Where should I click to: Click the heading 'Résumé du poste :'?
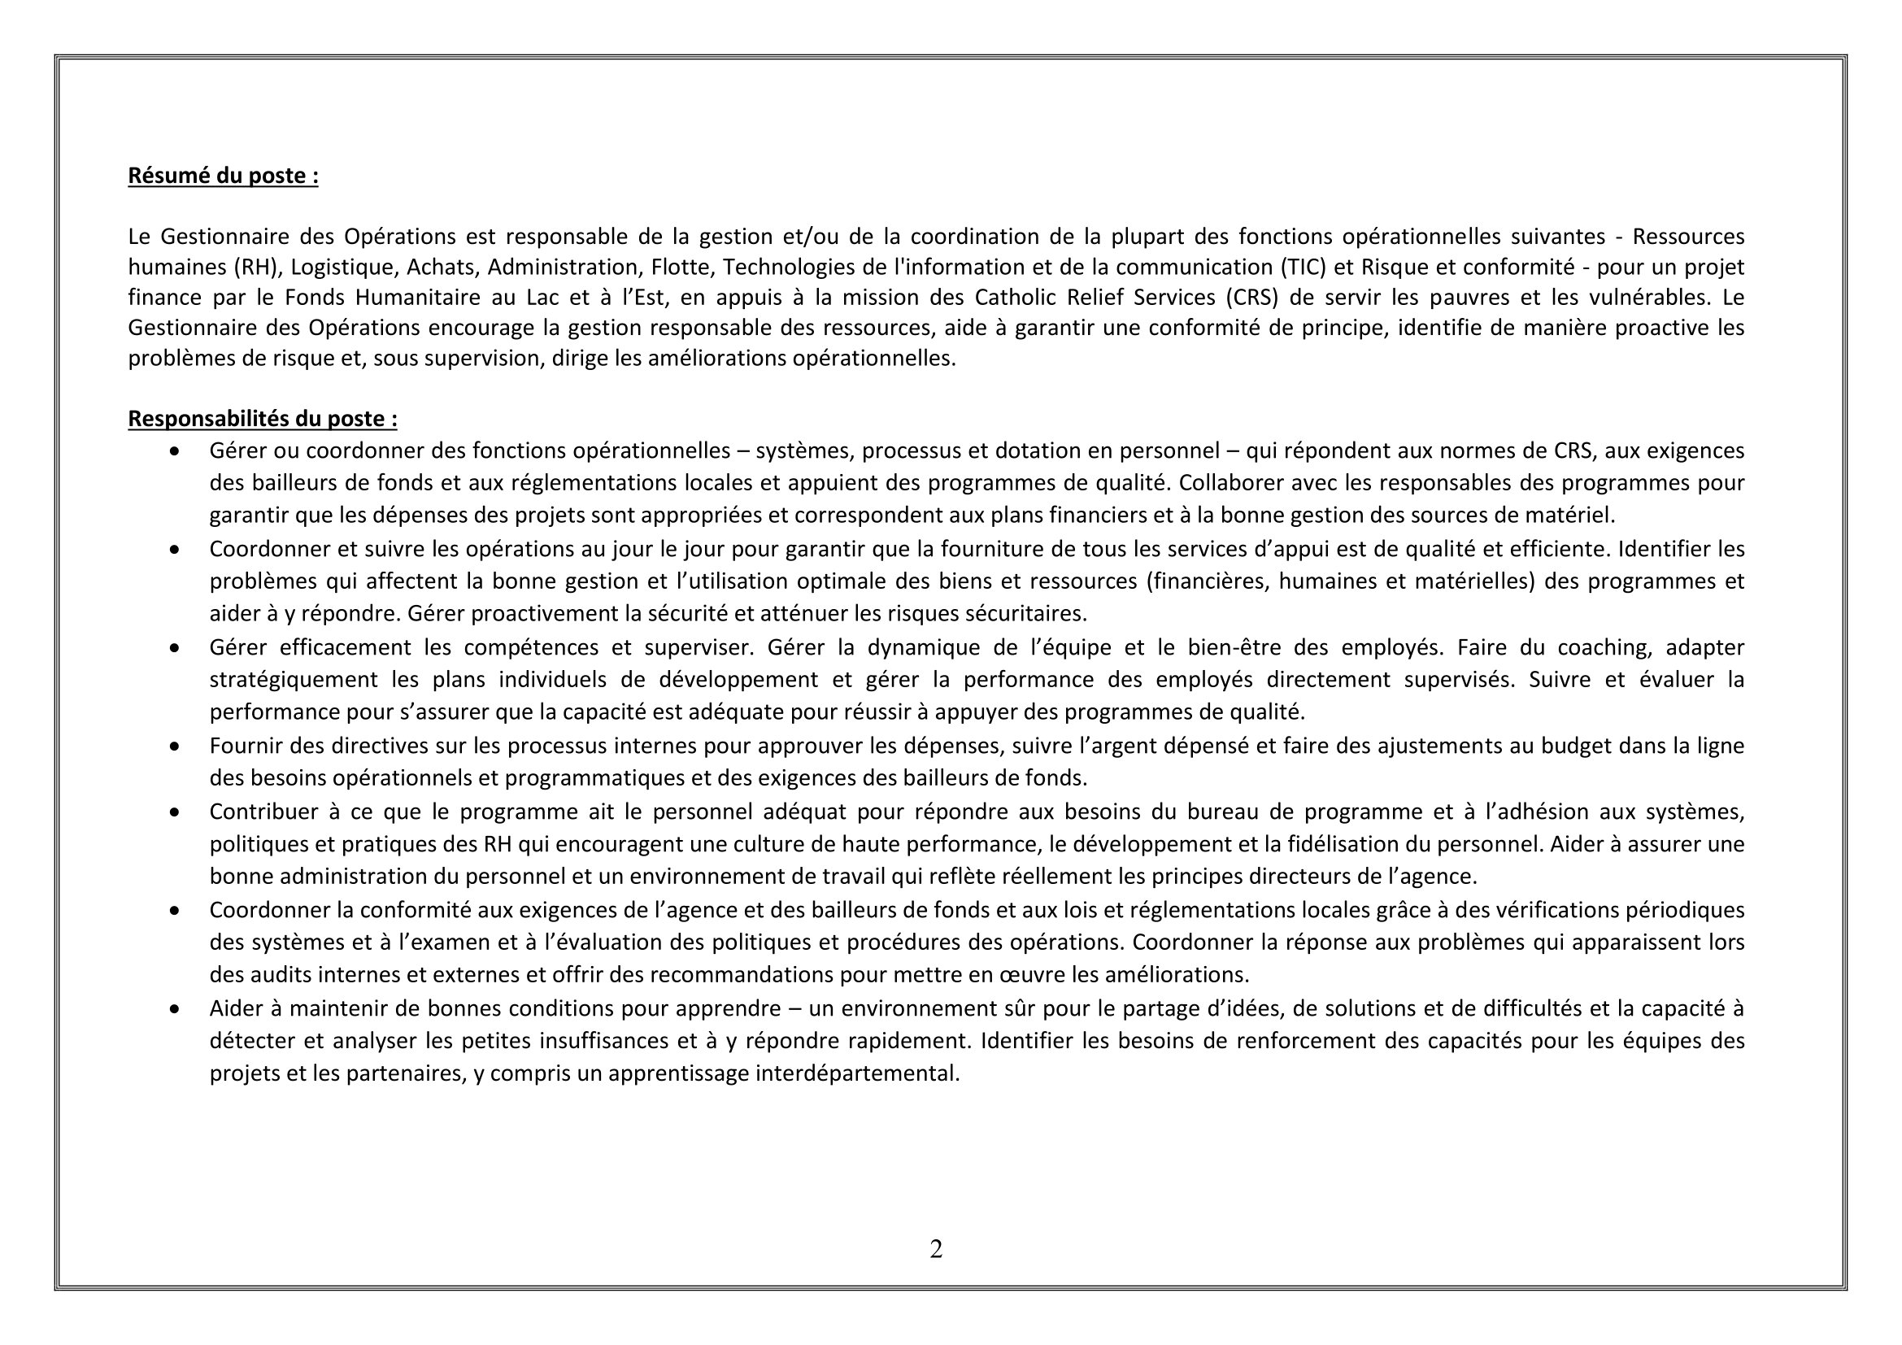coord(223,176)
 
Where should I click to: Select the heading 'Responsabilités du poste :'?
coord(263,419)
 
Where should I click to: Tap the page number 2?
coord(936,1249)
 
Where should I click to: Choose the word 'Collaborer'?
coord(1230,483)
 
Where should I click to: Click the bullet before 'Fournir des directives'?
coord(174,747)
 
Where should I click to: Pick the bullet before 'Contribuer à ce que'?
coord(174,812)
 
